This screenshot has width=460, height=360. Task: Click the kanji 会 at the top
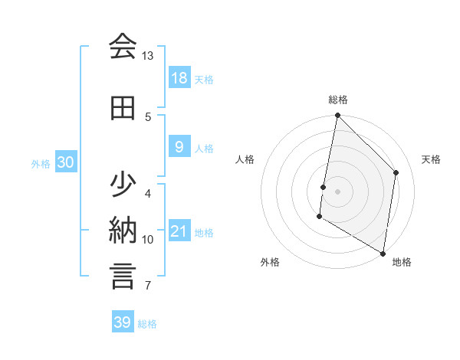[x=123, y=47]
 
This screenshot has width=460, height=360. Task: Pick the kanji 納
[x=123, y=229]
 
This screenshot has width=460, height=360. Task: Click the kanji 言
[x=123, y=275]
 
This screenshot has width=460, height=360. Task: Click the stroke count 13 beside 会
[x=148, y=56]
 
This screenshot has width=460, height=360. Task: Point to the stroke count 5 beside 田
[x=148, y=116]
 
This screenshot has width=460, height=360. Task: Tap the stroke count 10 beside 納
[x=148, y=239]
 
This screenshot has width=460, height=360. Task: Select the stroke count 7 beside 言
[x=148, y=286]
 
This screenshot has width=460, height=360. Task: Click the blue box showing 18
[x=179, y=78]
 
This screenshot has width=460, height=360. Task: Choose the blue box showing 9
[x=179, y=147]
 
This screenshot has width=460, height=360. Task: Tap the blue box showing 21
[x=179, y=231]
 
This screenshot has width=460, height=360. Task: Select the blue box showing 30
[x=65, y=162]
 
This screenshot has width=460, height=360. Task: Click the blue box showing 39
[x=123, y=322]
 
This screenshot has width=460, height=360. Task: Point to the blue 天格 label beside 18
[x=204, y=79]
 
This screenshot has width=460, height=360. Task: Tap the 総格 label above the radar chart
[x=338, y=100]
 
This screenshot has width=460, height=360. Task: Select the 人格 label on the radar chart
[x=245, y=159]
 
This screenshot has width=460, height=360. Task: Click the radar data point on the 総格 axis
[x=337, y=116]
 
